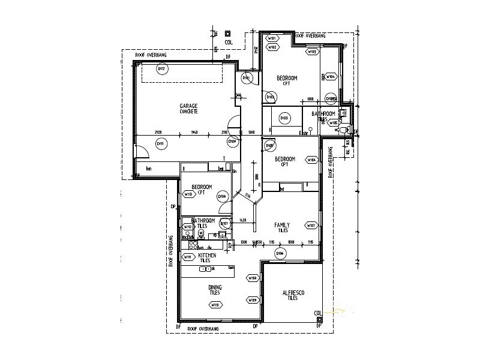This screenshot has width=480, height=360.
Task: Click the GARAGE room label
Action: point(188,106)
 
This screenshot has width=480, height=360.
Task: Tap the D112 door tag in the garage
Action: point(161,69)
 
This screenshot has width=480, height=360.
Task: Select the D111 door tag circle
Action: point(160,143)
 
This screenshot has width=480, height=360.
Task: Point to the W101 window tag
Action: point(271,39)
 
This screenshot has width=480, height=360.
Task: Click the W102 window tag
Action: point(272,47)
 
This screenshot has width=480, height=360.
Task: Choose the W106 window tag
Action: point(311,160)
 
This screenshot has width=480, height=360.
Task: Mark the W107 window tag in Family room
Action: point(311,226)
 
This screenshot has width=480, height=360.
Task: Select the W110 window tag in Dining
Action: point(215,305)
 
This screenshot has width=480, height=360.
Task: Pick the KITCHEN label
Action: point(207,255)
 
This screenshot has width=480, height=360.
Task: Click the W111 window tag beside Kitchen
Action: point(188,257)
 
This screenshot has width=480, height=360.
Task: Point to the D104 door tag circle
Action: point(280,254)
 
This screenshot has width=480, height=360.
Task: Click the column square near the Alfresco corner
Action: point(320,320)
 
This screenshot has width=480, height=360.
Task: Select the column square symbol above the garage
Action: point(228,34)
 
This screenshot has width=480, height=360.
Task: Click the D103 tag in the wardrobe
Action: point(284,118)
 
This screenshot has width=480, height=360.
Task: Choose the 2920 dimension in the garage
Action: point(158,132)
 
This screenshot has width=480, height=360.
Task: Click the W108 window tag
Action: point(253,278)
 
